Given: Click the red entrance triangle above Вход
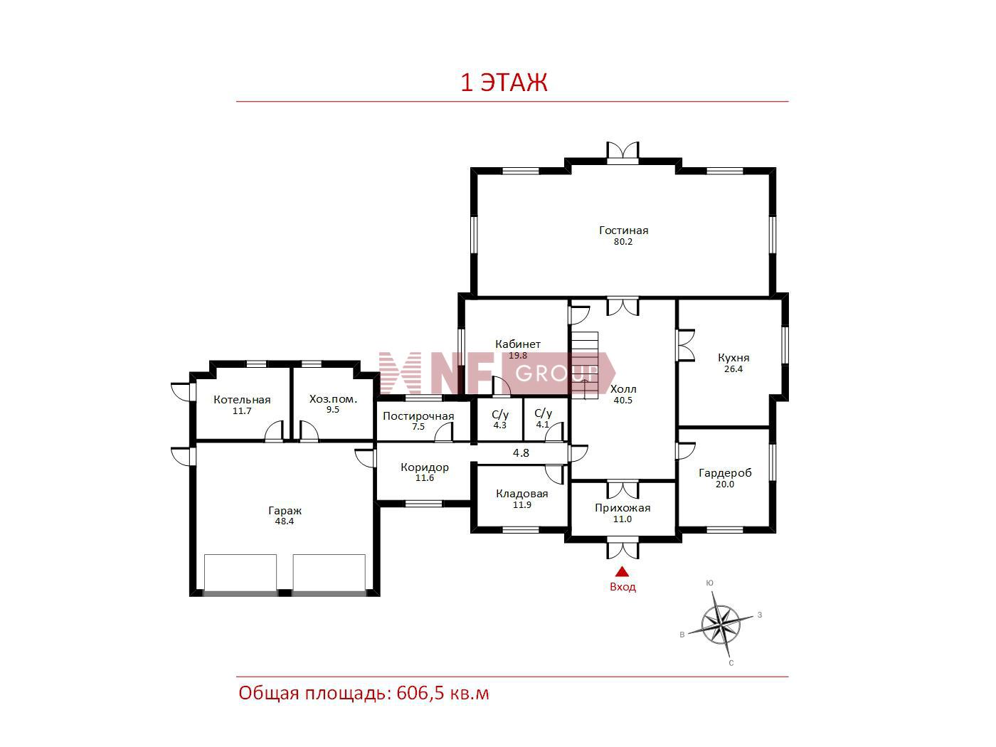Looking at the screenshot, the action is point(622,571).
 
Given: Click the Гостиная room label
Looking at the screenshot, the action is point(623,231).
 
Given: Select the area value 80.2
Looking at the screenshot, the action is point(623,242).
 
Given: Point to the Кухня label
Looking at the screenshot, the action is point(733,357).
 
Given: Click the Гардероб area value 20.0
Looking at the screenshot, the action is point(725,484).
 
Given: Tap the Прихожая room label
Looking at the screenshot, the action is point(622,508).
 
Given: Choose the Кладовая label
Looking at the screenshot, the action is point(521,494).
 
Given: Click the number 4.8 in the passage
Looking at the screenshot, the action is point(521,452).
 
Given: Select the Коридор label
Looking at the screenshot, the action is point(425,467).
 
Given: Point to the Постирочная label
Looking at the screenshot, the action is point(418,416).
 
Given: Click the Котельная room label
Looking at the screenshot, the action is point(242,400).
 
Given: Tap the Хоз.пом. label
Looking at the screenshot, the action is point(333,399).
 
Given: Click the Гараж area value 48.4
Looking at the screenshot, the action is point(285,521).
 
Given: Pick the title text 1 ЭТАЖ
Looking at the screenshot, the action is point(504,83).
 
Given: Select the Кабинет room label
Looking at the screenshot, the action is point(518,344).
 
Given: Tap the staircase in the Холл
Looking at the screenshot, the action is point(585,366).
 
